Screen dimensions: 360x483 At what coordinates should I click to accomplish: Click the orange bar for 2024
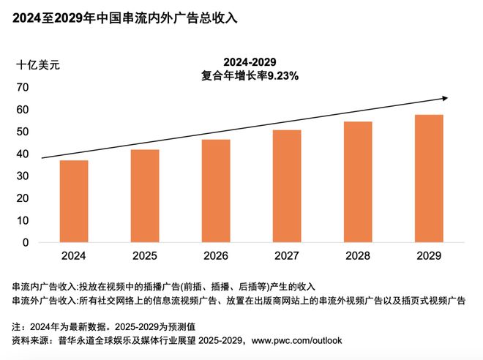74,201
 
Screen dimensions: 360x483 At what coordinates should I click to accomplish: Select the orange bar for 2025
145,196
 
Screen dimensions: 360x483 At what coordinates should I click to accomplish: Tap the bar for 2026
216,191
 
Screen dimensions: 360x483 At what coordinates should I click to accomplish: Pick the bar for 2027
287,186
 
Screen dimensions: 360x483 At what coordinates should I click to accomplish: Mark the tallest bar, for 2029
429,179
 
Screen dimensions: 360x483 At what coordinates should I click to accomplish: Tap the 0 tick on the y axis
26,242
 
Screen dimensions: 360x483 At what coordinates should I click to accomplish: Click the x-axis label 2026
216,256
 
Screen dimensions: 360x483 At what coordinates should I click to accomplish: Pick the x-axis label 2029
429,256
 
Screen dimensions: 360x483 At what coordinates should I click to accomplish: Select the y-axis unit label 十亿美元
38,64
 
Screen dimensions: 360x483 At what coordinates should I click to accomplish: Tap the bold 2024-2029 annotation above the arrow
250,62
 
